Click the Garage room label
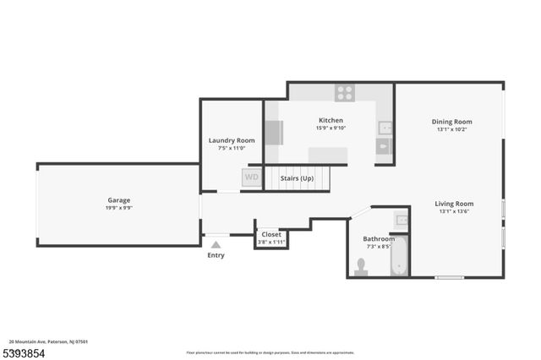coord(118,200)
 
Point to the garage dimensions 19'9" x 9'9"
coord(118,208)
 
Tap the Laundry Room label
coord(232,140)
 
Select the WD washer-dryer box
coord(251,177)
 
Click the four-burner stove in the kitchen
coord(344,93)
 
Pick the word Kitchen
coord(330,120)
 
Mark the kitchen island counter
coord(328,155)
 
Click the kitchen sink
coord(384,128)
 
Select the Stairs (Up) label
coord(297,178)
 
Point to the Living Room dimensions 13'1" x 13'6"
coord(454,211)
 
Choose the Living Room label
coord(454,204)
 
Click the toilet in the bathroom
coord(362,266)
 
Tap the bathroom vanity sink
coord(401,221)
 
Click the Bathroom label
coord(379,239)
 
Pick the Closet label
coord(271,234)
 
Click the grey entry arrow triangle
coord(216,245)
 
